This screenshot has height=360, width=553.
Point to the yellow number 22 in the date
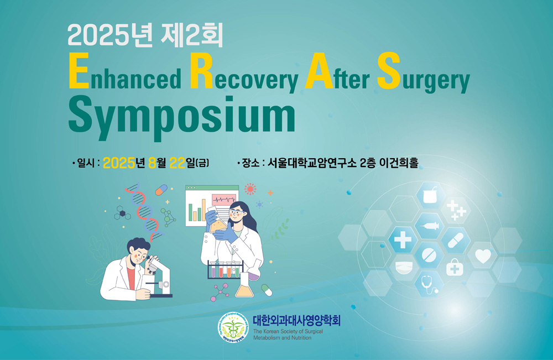pos(178,163)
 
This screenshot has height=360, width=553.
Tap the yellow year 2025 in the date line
pos(119,163)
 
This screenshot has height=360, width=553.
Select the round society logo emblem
pos(232,328)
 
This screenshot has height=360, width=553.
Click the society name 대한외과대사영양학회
pos(296,320)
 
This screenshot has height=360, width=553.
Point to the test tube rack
pos(226,270)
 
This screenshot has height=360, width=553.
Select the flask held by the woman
pos(218,223)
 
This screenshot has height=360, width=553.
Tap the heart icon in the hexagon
pos(483,256)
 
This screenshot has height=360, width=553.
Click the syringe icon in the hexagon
pos(429,226)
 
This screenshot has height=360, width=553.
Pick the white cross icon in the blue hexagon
pos(403,241)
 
